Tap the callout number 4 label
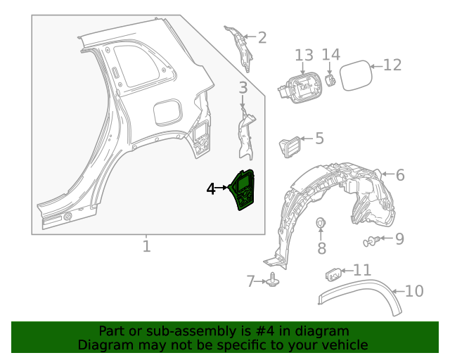coord(212,188)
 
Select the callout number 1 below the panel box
coord(146,247)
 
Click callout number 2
coord(262,38)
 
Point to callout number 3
coord(243,88)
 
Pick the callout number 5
coord(319,139)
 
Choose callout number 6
coord(399,175)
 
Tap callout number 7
coord(251,281)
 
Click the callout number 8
coord(322,247)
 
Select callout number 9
coord(399,239)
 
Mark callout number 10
coord(415,290)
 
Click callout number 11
coord(362,270)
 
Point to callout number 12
coord(392,65)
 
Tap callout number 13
coord(303,55)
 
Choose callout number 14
coord(331,55)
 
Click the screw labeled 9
coord(371,241)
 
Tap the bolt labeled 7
coord(273,281)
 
